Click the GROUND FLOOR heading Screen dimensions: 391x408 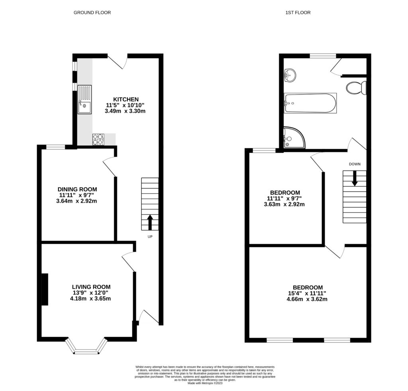pyautogui.click(x=92, y=13)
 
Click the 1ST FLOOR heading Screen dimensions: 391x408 pyautogui.click(x=298, y=13)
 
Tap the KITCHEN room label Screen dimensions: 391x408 pyautogui.click(x=126, y=99)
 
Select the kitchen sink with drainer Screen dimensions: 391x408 pyautogui.click(x=85, y=100)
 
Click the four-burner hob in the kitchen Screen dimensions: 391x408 pyautogui.click(x=98, y=139)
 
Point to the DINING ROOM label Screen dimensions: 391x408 pyautogui.click(x=77, y=190)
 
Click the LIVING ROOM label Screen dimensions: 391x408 pyautogui.click(x=91, y=287)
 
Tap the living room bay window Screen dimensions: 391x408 pyautogui.click(x=86, y=346)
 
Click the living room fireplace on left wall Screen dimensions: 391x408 pyautogui.click(x=45, y=289)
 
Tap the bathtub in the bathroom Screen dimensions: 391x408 pyautogui.click(x=310, y=103)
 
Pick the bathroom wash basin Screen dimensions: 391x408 pyautogui.click(x=290, y=75)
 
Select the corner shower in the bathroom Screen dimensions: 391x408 pyautogui.click(x=293, y=138)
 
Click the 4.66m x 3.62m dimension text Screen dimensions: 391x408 pyautogui.click(x=308, y=299)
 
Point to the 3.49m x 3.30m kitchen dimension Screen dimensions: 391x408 pyautogui.click(x=125, y=111)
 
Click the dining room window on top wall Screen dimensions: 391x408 pyautogui.click(x=55, y=147)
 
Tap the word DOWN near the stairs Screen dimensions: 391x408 pyautogui.click(x=354, y=164)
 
